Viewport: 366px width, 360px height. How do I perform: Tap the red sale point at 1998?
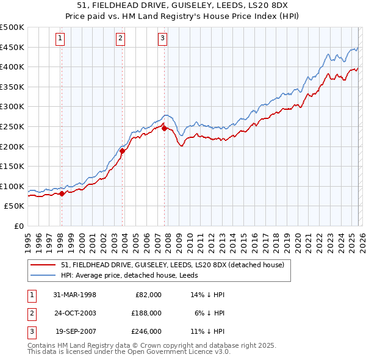[62, 193]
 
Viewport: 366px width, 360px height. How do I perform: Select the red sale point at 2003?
[122, 151]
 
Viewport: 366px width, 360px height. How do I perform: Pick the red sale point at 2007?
[164, 128]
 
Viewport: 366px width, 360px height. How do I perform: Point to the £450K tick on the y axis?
[12, 47]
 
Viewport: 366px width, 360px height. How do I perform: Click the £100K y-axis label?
[12, 186]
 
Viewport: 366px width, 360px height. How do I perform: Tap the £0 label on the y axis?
[18, 226]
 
